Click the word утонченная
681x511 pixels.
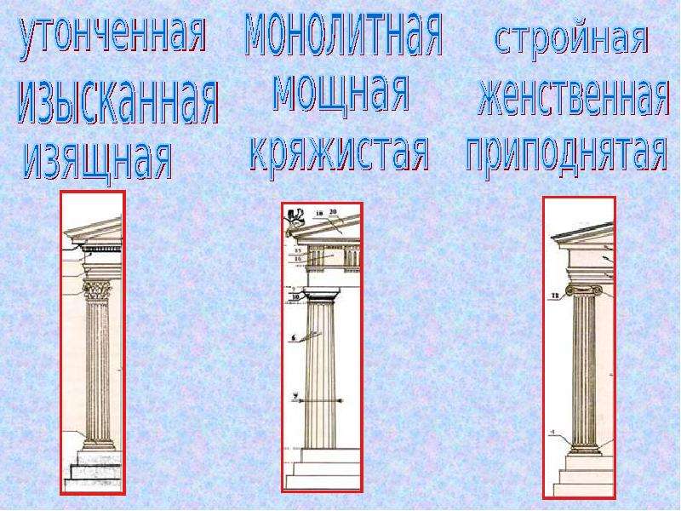[x=112, y=37]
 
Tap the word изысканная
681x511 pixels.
[x=117, y=103]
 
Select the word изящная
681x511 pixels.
[x=97, y=161]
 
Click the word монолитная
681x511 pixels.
[x=344, y=33]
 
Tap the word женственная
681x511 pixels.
[x=573, y=98]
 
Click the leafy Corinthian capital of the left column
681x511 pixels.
[x=97, y=290]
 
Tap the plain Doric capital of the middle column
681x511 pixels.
[x=321, y=295]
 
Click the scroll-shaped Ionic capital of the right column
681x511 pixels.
[x=584, y=291]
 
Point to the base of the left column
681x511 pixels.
[x=99, y=443]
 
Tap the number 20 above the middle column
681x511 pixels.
[x=333, y=212]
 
